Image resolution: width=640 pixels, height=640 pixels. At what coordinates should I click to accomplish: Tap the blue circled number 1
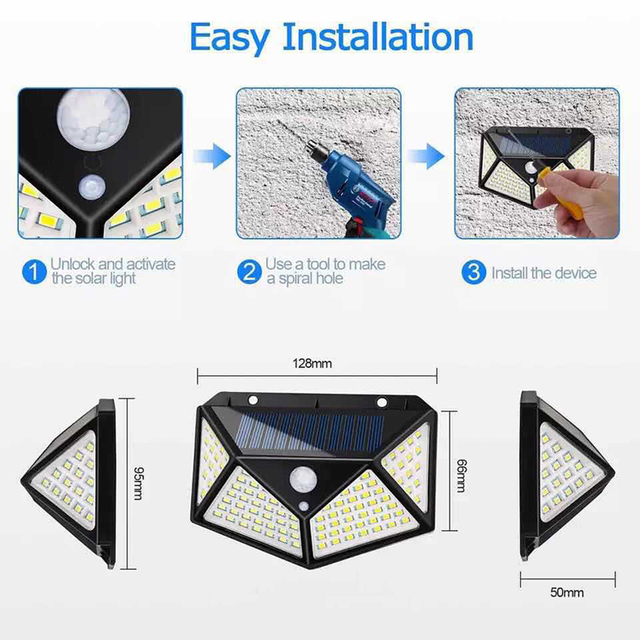pyautogui.click(x=33, y=272)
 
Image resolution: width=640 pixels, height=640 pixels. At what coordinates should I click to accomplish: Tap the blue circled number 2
pyautogui.click(x=250, y=272)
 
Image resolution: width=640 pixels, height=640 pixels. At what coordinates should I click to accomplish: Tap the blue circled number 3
pyautogui.click(x=474, y=272)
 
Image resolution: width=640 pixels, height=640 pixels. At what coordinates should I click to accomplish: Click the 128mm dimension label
pyautogui.click(x=315, y=364)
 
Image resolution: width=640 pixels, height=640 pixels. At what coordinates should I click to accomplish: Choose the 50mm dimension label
pyautogui.click(x=567, y=593)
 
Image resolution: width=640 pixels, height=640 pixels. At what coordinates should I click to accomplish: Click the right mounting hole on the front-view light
pyautogui.click(x=382, y=401)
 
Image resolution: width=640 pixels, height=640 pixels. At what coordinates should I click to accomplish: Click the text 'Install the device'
pyautogui.click(x=544, y=273)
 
